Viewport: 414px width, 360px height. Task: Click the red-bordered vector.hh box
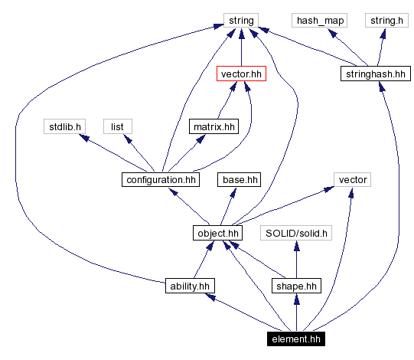[x=242, y=74]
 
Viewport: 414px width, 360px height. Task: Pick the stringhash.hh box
[x=374, y=74]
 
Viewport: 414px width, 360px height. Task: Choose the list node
[x=117, y=126]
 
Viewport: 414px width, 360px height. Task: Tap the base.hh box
[x=240, y=180]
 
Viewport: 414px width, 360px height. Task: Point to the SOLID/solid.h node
[x=296, y=233]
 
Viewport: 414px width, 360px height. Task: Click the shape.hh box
[x=296, y=286]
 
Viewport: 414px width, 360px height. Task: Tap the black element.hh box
[x=295, y=338]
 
